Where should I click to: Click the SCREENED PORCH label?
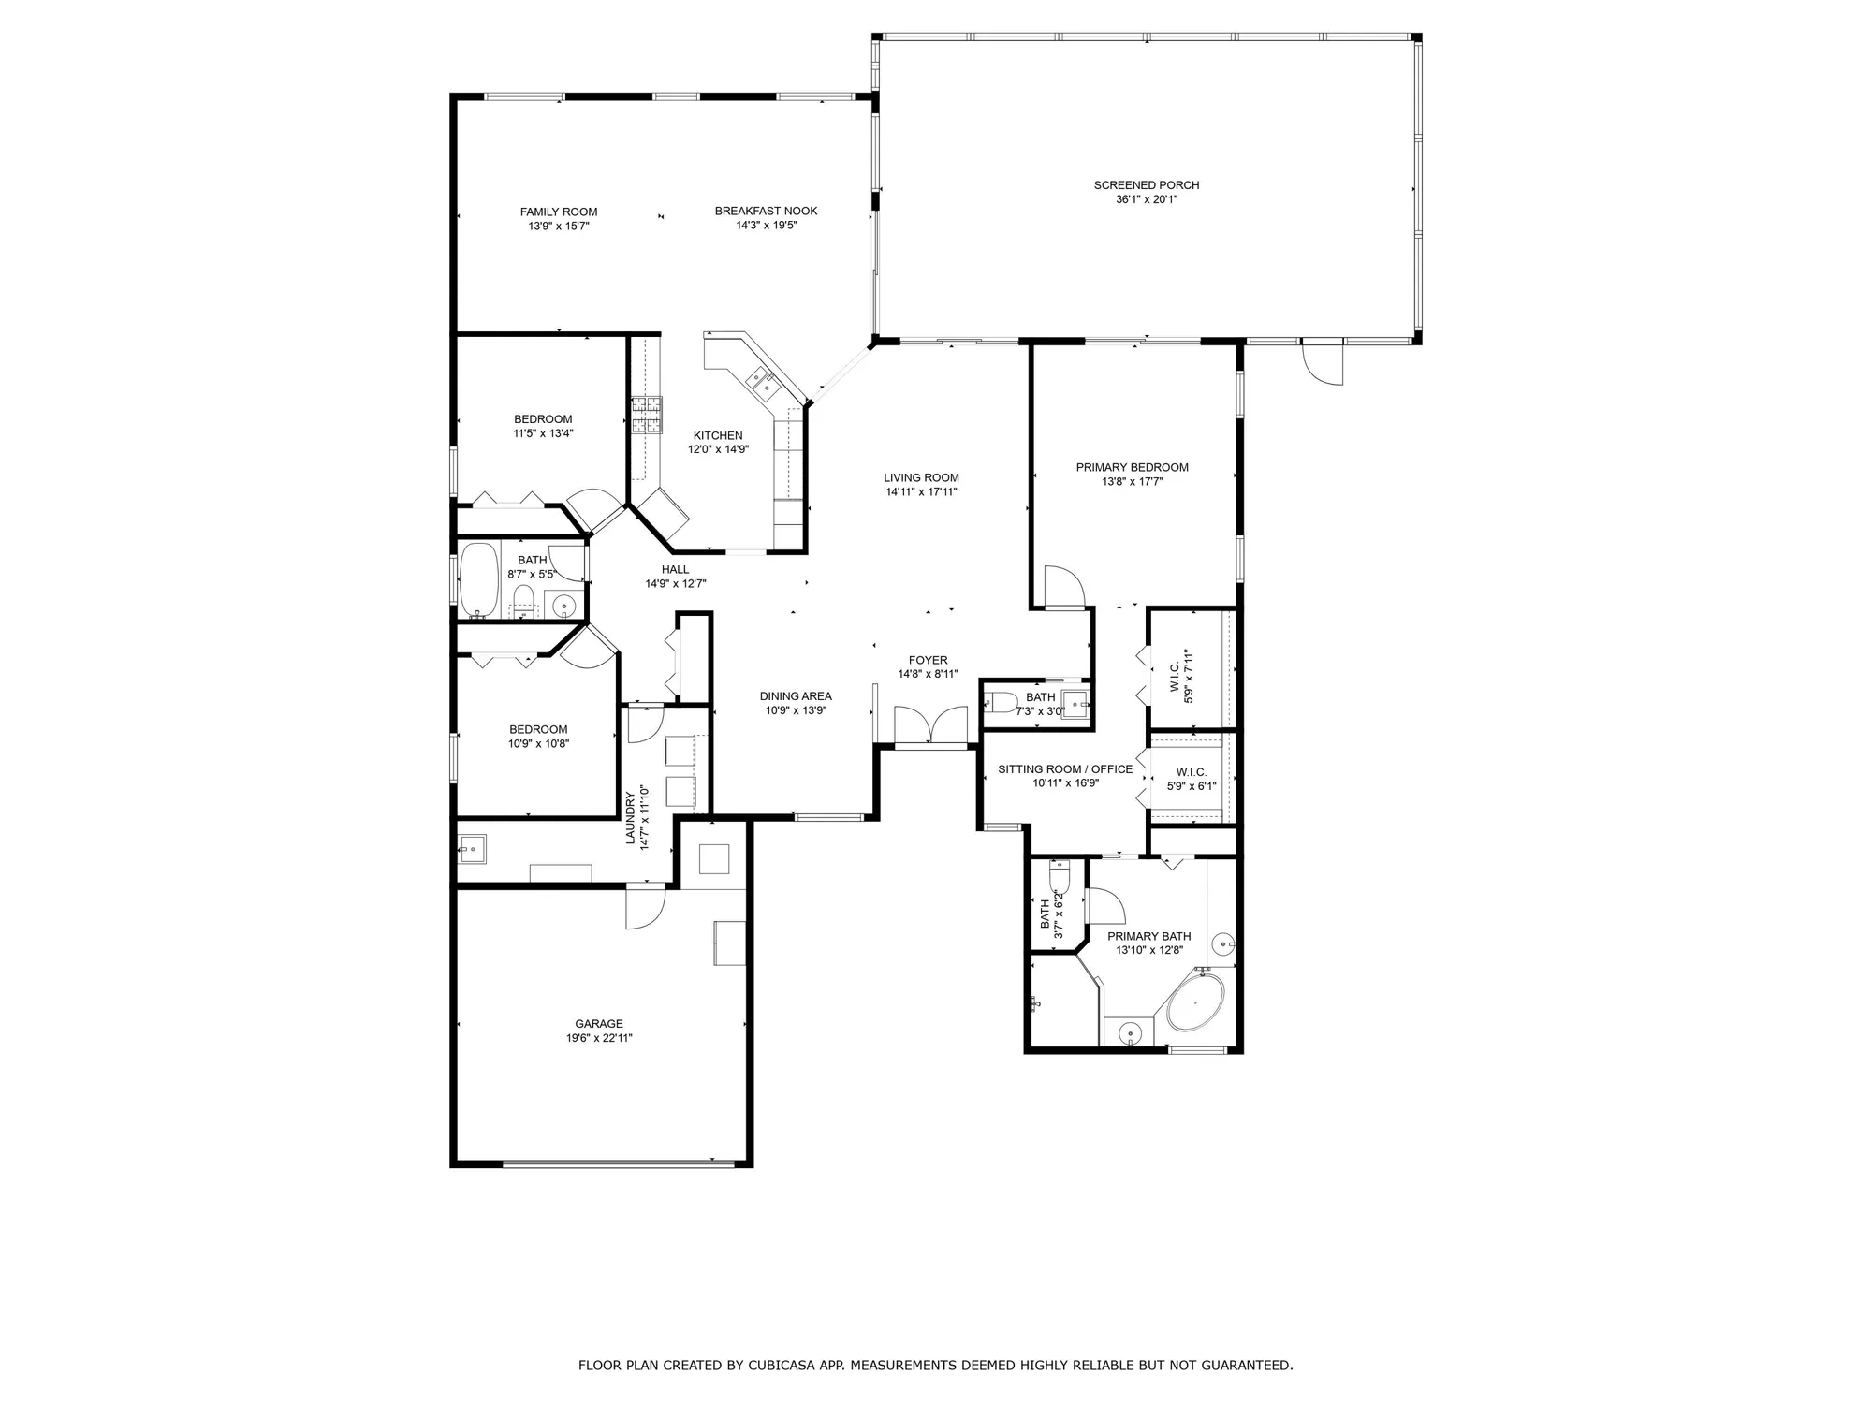[1146, 185]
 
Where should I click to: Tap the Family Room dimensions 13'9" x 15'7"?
[559, 226]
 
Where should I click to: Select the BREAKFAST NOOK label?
[766, 211]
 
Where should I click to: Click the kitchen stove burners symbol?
[645, 417]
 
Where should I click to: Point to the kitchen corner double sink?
[761, 382]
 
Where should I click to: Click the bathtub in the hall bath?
[480, 580]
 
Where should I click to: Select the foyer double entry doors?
[930, 726]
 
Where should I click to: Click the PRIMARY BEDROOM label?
[1132, 467]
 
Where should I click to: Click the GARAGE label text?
[599, 1023]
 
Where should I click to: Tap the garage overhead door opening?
[619, 1163]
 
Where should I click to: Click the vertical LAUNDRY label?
[631, 817]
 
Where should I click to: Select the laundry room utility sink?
[471, 850]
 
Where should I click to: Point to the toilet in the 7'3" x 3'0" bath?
[1003, 702]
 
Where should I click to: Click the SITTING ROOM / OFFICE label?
[1065, 768]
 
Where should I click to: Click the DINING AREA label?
[796, 695]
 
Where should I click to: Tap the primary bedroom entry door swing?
[1063, 588]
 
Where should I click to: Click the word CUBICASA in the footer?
[784, 1366]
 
